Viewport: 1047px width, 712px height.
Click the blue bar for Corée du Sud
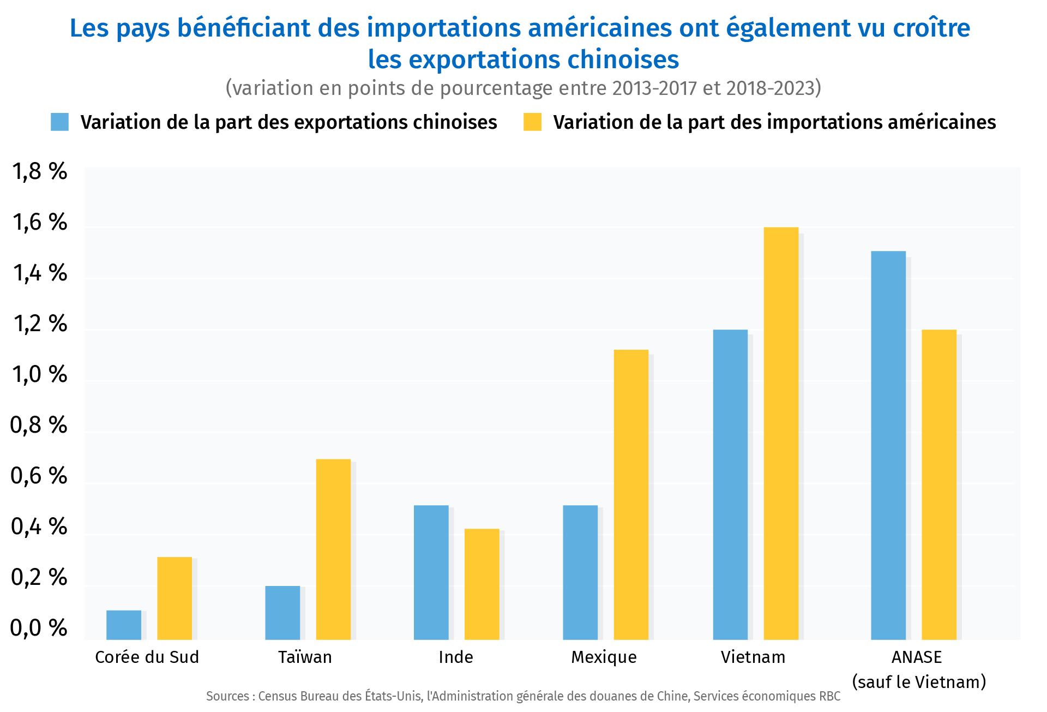point(124,625)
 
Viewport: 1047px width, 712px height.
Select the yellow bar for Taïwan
point(333,549)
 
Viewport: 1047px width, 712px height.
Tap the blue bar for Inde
point(431,572)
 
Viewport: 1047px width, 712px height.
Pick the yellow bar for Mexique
point(631,494)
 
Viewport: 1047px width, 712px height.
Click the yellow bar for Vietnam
point(781,433)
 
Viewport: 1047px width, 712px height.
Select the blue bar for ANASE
point(888,445)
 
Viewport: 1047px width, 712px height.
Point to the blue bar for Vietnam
point(730,484)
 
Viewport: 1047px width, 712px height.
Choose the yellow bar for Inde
point(482,584)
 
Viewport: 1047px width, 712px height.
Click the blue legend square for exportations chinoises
point(59,122)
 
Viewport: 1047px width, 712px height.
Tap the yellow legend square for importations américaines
point(532,122)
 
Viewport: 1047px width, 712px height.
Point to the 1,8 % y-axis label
point(39,172)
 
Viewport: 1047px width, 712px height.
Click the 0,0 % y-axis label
point(39,628)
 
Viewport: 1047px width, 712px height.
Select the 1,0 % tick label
point(39,375)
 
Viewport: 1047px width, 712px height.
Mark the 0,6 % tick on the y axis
point(39,476)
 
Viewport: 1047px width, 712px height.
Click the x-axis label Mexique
point(604,657)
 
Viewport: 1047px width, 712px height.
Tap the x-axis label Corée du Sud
point(147,657)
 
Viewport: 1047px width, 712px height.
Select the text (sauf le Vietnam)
point(919,682)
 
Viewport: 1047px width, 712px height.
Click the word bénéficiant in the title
point(244,28)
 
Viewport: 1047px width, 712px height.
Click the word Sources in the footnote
point(227,696)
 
